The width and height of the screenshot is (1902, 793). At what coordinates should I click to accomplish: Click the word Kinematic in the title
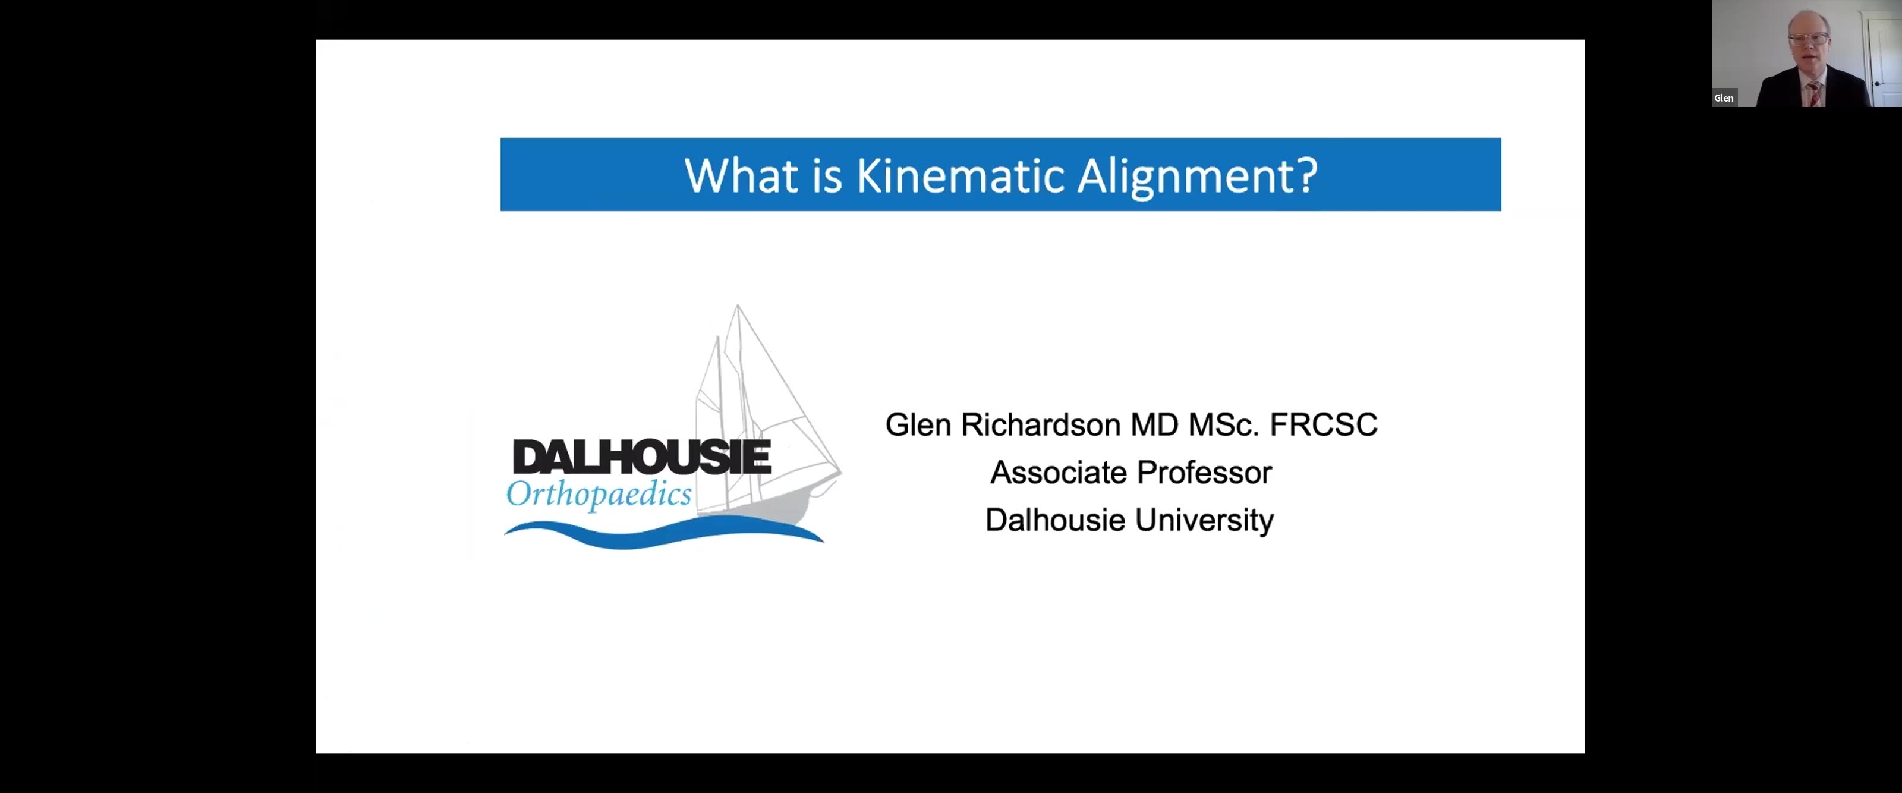pos(960,176)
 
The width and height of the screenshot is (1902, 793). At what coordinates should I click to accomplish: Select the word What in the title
pos(741,176)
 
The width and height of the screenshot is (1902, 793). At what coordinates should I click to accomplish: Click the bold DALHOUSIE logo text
pos(642,457)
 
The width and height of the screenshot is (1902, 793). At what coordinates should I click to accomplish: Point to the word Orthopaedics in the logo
pos(599,494)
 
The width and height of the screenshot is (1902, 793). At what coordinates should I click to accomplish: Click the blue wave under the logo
pos(663,533)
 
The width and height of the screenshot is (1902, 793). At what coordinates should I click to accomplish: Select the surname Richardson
pos(1041,424)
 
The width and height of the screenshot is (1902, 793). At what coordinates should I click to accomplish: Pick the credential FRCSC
pos(1323,424)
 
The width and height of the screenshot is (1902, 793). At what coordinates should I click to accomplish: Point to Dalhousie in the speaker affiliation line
pos(1056,520)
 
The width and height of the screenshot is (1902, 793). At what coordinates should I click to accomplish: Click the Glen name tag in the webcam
pos(1724,98)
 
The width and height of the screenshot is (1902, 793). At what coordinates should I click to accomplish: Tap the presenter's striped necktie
pos(1813,95)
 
